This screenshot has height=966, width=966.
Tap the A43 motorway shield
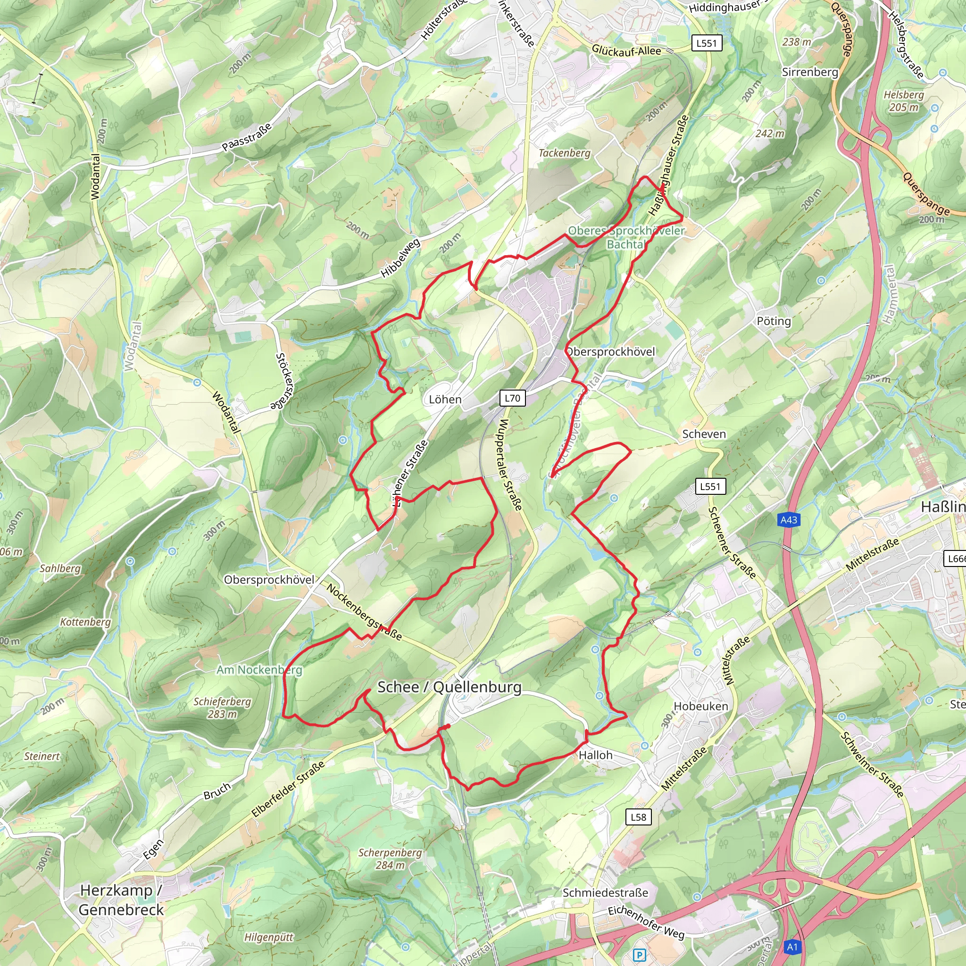[x=789, y=520]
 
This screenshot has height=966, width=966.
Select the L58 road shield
[x=639, y=817]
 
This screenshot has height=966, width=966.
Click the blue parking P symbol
[x=639, y=956]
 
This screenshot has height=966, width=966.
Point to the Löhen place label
[x=445, y=400]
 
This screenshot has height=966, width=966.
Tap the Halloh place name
[x=595, y=755]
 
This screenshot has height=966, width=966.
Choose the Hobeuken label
[x=700, y=706]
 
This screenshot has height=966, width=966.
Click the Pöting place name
[x=774, y=321]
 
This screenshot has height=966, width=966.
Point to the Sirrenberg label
[x=809, y=72]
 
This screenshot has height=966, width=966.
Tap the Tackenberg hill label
[x=564, y=153]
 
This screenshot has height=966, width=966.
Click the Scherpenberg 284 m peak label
[x=390, y=858]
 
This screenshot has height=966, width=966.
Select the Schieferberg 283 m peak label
[x=222, y=708]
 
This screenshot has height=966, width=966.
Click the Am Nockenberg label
[x=259, y=669]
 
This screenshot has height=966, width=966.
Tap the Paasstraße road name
[x=247, y=136]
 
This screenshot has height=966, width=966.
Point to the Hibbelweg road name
[x=400, y=258]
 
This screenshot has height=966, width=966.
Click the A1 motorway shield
[x=792, y=947]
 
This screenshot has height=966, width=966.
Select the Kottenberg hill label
[x=85, y=622]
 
